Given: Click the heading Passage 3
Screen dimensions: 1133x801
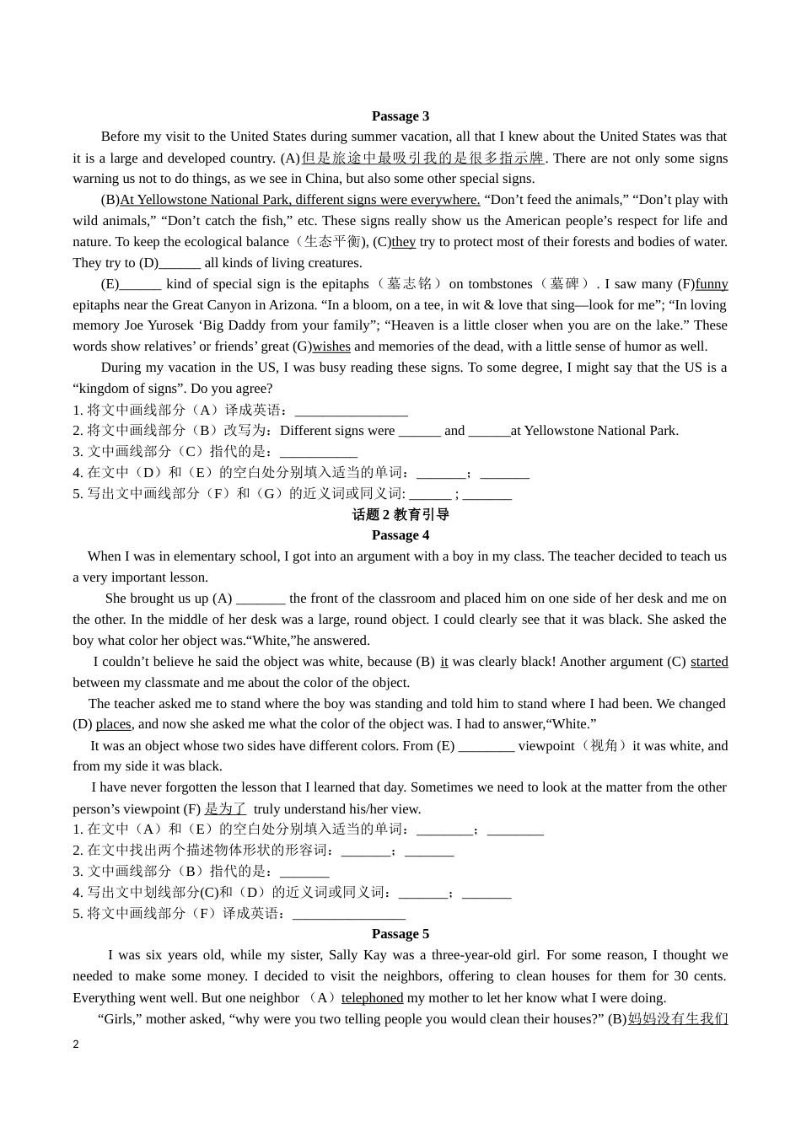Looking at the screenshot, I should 400,116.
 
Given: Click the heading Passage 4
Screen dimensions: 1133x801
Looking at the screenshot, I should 400,535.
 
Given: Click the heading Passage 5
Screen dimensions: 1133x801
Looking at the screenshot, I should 400,934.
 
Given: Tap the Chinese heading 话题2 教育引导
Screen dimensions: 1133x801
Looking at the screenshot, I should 400,514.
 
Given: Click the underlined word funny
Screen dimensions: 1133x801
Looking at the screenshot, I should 712,284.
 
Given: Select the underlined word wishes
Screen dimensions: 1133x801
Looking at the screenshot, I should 331,346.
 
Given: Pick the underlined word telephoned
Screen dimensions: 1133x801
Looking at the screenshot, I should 372,998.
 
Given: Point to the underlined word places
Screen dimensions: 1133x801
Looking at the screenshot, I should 113,724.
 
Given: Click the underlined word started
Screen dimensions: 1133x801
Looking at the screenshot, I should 709,662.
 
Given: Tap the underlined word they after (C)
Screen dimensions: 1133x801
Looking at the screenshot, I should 404,242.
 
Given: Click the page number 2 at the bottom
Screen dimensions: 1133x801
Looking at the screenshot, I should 76,1044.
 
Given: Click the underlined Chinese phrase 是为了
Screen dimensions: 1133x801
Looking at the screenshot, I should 225,808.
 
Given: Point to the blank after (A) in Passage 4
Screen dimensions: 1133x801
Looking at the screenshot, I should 261,599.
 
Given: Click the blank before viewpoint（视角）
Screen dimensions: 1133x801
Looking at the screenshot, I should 487,746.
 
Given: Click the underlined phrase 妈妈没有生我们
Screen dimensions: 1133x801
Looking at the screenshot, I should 678,1019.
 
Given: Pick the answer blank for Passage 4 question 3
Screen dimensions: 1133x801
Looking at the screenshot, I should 304,872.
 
